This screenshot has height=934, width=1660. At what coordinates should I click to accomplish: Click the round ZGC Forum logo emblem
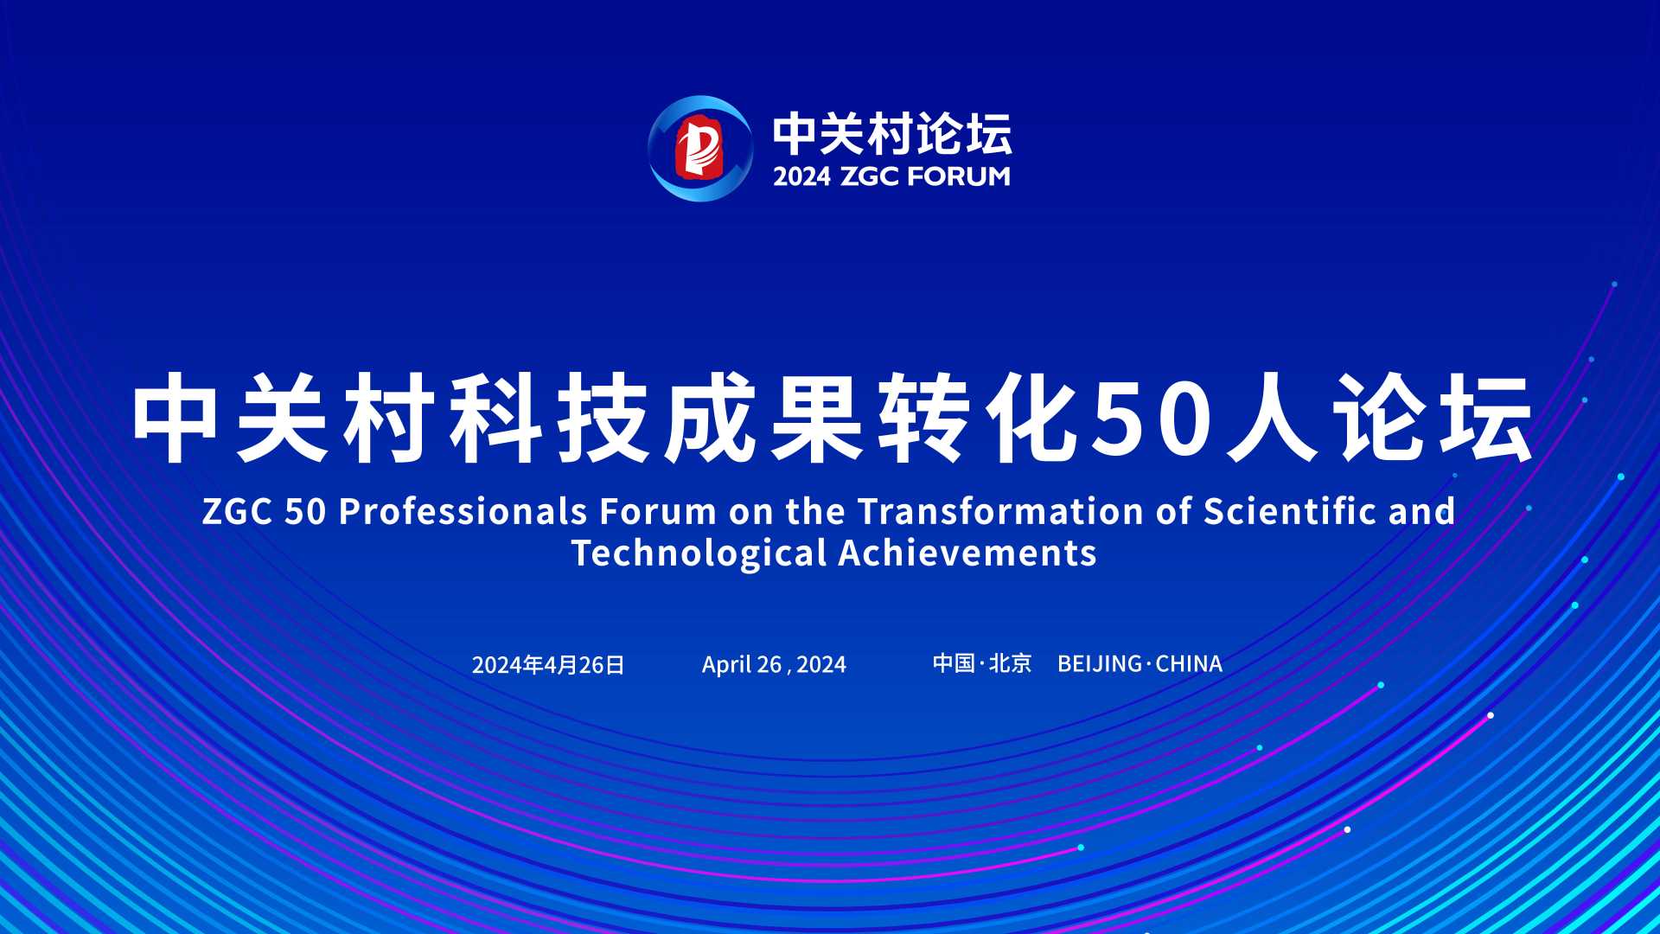pos(700,149)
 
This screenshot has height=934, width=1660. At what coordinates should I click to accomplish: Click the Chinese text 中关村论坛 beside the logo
pos(892,133)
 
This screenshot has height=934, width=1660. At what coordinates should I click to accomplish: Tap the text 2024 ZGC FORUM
pos(891,176)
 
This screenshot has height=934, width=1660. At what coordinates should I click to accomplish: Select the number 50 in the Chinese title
pos(1149,419)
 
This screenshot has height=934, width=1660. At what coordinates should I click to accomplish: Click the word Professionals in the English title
pos(463,511)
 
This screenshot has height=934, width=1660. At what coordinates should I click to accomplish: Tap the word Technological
pos(699,553)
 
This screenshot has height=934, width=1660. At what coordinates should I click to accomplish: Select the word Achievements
pos(967,553)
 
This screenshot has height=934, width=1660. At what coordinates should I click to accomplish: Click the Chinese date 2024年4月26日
pos(548,664)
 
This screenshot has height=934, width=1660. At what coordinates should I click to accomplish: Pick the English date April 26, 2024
pos(774,664)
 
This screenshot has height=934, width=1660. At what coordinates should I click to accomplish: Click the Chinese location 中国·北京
pos(982,663)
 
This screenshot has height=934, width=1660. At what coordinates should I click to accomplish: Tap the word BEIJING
pos(1100,663)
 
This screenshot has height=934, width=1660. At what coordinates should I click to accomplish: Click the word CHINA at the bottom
pos(1189,663)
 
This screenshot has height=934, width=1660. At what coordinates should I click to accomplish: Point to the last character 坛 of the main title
pos(1486,419)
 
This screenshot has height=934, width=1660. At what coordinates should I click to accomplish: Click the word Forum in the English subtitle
pos(658,511)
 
